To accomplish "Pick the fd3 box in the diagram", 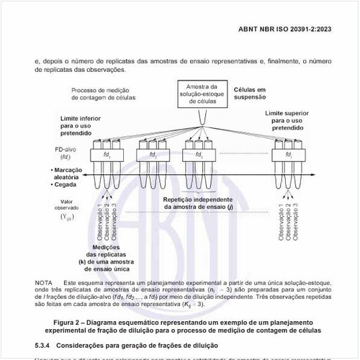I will pos(199,155).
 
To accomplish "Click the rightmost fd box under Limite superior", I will pos(288,155).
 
